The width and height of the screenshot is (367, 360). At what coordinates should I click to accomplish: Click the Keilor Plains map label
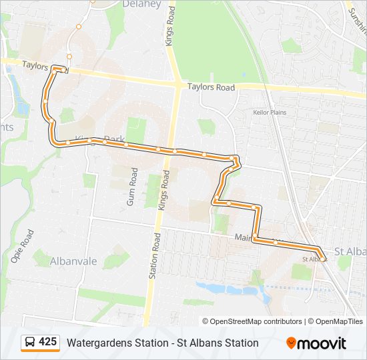click(270, 113)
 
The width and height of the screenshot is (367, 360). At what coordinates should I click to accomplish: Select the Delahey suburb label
click(142, 4)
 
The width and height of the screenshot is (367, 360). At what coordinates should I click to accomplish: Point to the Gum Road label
click(132, 186)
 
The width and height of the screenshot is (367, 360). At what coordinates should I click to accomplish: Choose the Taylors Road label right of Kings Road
click(211, 87)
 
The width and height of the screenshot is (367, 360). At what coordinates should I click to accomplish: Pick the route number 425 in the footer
click(47, 342)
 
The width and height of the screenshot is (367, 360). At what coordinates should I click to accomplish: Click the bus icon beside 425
click(30, 343)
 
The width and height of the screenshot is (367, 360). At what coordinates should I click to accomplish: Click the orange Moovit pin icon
click(291, 343)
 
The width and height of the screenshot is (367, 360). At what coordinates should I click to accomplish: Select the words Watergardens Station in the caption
click(117, 343)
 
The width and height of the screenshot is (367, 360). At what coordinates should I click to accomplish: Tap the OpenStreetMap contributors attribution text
click(256, 321)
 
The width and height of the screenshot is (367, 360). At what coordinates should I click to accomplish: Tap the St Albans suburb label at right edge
click(350, 251)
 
